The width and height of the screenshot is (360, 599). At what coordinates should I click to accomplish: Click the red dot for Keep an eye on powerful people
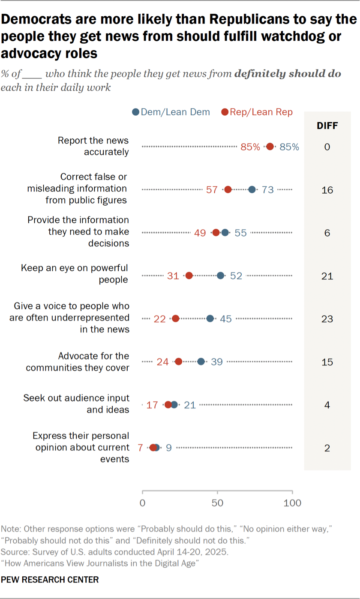click(189, 276)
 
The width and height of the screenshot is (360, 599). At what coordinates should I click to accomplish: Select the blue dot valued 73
click(252, 190)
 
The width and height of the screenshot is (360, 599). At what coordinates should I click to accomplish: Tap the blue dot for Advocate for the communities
click(201, 362)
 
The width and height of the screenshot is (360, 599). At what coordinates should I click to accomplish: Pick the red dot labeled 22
click(175, 318)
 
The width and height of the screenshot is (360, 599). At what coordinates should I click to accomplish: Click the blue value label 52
click(236, 276)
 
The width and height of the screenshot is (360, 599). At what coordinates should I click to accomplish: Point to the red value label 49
click(200, 233)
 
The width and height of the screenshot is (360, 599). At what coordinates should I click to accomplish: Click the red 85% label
click(250, 147)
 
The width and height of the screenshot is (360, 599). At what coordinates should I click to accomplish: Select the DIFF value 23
click(327, 319)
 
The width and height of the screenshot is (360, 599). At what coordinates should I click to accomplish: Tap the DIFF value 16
click(327, 190)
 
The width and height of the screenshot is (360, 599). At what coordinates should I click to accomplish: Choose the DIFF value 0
click(327, 147)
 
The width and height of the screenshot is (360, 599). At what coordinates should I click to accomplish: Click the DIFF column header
click(327, 126)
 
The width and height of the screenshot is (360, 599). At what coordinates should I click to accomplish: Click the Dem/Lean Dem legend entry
click(171, 112)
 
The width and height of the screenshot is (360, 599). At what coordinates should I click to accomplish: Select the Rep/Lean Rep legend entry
click(257, 112)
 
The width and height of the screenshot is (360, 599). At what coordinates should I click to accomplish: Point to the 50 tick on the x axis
click(217, 503)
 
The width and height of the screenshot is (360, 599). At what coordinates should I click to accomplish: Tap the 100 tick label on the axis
click(292, 503)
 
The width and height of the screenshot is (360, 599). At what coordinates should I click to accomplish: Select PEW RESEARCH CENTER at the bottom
click(50, 580)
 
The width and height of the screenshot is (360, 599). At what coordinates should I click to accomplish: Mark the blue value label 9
click(169, 448)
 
